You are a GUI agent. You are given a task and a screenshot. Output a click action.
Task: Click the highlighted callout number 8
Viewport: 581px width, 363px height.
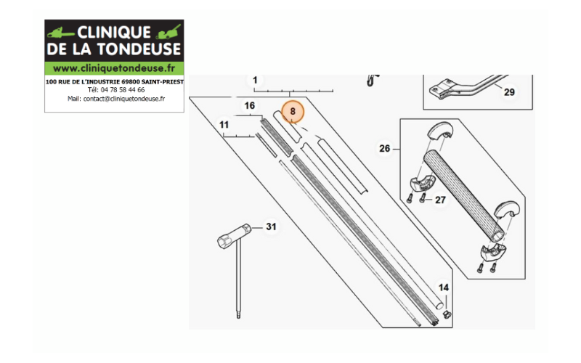(293, 112)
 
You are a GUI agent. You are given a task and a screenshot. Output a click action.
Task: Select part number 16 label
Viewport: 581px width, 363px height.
(249, 105)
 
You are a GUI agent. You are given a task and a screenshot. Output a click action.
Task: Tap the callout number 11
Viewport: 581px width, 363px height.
(224, 125)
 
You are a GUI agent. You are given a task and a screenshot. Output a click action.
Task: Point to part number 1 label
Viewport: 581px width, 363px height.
(255, 80)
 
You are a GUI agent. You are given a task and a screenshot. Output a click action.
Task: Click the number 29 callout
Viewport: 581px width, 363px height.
(509, 92)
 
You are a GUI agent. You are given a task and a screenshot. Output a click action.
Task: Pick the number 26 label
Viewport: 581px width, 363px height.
(385, 149)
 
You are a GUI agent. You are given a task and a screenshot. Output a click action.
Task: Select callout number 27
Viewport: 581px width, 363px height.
(440, 200)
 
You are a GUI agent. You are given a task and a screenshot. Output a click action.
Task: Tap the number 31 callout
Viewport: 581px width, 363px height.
(271, 227)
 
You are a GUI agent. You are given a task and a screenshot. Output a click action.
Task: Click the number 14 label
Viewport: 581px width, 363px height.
(444, 287)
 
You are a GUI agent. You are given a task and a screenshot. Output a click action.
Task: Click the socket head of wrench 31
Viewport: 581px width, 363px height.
(234, 236)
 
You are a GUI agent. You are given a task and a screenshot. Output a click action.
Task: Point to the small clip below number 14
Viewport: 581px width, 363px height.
(447, 315)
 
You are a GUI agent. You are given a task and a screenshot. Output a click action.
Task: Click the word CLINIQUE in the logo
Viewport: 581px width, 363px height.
(114, 33)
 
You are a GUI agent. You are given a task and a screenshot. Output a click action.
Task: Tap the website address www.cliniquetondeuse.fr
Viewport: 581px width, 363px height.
(114, 68)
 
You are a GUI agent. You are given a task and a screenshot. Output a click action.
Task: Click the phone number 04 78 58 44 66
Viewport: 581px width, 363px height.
(123, 90)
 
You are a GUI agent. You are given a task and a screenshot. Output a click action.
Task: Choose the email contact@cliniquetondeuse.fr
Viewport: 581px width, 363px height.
(124, 99)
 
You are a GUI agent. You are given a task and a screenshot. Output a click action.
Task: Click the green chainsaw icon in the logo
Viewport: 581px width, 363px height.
(61, 33)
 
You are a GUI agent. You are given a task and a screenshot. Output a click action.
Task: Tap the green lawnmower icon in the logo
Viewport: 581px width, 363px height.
(168, 32)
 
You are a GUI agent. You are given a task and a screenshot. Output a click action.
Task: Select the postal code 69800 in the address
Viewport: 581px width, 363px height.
(131, 82)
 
